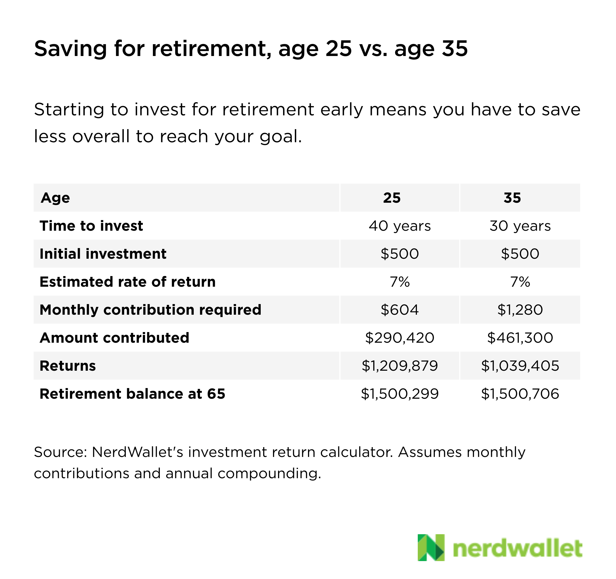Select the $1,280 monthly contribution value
(520, 310)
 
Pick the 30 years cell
(520, 226)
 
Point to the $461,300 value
(520, 338)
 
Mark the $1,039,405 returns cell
(520, 366)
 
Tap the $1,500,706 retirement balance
(520, 394)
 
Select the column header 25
(392, 198)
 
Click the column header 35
(512, 198)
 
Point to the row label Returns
(67, 366)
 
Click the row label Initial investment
(103, 254)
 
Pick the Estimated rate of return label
(127, 282)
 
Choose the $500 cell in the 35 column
(520, 254)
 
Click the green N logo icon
(431, 547)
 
